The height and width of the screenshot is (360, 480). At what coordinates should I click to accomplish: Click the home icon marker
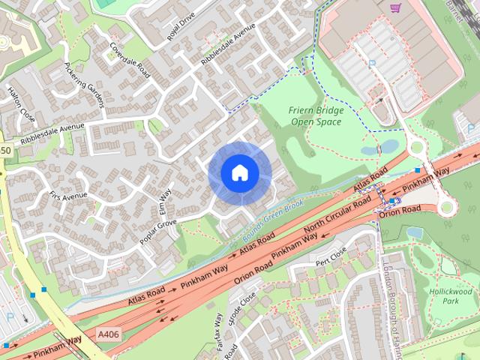point(239,173)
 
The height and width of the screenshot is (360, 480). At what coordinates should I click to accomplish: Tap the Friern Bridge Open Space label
point(315,116)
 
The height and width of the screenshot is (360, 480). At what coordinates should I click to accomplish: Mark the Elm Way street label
point(164,201)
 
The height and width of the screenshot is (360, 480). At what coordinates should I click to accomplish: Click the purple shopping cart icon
point(395,7)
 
